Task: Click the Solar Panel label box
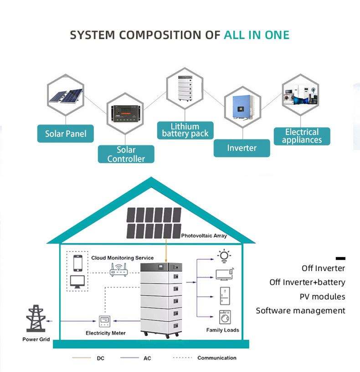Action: pyautogui.click(x=66, y=134)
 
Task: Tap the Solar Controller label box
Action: pyautogui.click(x=126, y=154)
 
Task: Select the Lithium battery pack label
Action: pyautogui.click(x=185, y=130)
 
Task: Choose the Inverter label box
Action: pyautogui.click(x=242, y=148)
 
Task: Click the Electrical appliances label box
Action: pyautogui.click(x=302, y=136)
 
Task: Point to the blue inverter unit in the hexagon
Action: pyautogui.click(x=242, y=107)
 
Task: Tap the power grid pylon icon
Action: pyautogui.click(x=36, y=318)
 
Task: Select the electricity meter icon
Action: pyautogui.click(x=105, y=321)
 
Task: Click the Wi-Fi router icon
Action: pyautogui.click(x=118, y=270)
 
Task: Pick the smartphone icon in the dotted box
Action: pyautogui.click(x=78, y=263)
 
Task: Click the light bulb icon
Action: pyautogui.click(x=224, y=256)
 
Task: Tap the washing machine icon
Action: pyautogui.click(x=225, y=317)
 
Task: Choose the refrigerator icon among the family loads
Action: pyautogui.click(x=225, y=296)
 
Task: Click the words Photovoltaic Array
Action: pyautogui.click(x=204, y=236)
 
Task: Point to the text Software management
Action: pyautogui.click(x=300, y=310)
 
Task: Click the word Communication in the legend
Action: pyautogui.click(x=217, y=358)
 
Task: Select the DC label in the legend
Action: pyautogui.click(x=101, y=358)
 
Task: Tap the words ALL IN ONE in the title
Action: pyautogui.click(x=257, y=35)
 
